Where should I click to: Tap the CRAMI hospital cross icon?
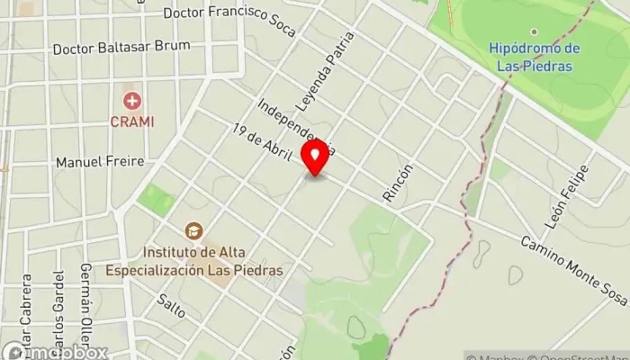click(133, 101)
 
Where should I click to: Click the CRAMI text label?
click(133, 121)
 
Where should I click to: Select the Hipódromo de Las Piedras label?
click(534, 55)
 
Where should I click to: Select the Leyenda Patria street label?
click(327, 77)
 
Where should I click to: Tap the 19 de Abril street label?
click(264, 145)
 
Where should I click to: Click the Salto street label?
click(171, 306)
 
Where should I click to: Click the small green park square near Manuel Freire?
click(157, 199)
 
